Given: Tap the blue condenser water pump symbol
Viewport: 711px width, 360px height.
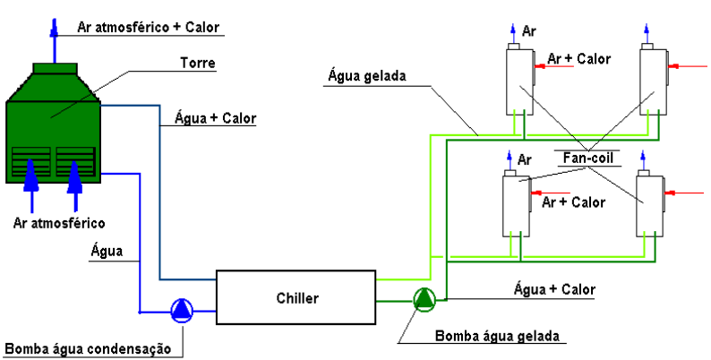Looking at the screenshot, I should point(182,311).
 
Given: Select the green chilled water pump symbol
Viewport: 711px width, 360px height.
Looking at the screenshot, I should point(422,299).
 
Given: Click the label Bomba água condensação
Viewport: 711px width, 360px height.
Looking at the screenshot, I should point(90,348).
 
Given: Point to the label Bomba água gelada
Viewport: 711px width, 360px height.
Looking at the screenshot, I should point(497,336).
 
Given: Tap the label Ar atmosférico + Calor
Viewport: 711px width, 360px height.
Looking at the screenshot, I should point(144,26).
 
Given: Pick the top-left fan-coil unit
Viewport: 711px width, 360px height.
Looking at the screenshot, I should point(518,80).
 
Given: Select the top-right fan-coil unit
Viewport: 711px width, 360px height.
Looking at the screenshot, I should point(652,80).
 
